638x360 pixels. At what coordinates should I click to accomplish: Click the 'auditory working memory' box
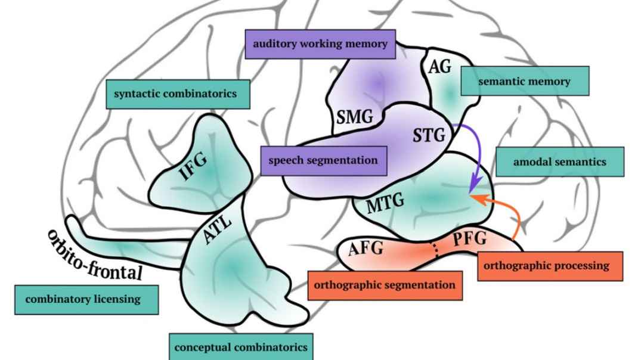point(320,44)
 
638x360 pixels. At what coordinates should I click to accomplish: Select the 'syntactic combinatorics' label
point(177,94)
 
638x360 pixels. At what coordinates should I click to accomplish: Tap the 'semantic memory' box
point(525,82)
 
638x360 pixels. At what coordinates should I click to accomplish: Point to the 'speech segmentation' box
point(323,160)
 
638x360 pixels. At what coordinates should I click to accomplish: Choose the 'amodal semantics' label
point(559,162)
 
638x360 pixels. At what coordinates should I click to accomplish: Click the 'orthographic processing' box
point(550,266)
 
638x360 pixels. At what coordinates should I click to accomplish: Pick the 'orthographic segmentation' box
point(385,285)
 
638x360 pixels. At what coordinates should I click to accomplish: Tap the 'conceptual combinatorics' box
point(241,346)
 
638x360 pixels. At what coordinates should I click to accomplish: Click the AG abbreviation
point(440,66)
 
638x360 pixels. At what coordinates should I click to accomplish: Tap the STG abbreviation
point(429,136)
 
